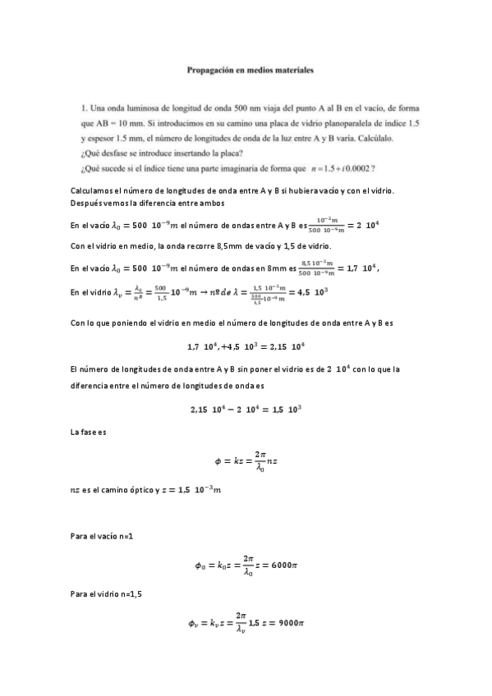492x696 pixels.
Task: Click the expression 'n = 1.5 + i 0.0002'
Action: [338, 168]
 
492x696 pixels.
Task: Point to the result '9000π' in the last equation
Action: [291, 623]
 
